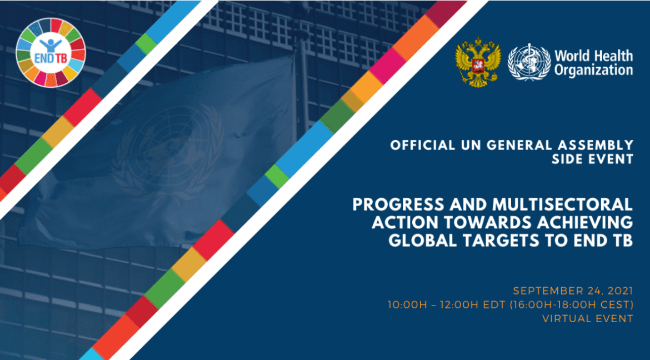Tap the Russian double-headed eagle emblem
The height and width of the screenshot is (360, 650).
click(478, 63)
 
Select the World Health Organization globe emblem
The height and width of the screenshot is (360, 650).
click(528, 63)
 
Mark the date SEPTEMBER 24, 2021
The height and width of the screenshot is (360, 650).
click(573, 291)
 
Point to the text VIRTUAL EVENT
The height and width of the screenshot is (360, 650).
click(587, 318)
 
